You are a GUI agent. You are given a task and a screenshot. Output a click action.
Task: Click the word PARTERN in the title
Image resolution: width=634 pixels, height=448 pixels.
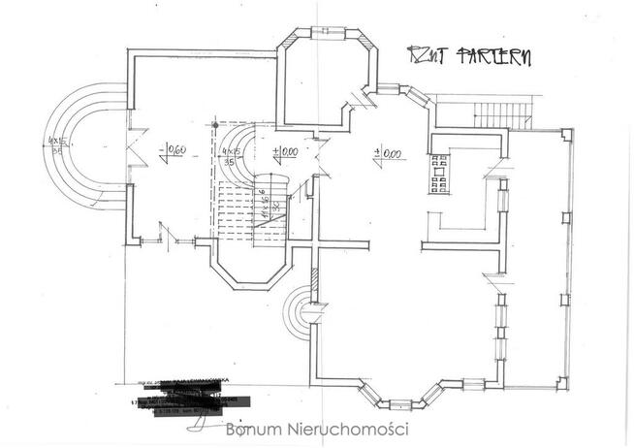click(x=494, y=56)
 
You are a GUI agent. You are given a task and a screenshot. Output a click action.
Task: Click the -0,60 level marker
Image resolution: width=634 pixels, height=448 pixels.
click(x=174, y=151)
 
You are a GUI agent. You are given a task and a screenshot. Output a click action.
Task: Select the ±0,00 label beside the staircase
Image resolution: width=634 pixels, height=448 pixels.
click(x=285, y=152)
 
